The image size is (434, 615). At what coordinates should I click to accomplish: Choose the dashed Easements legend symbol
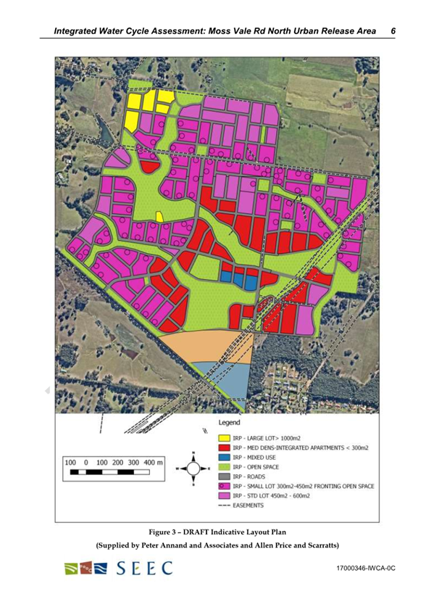225,508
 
